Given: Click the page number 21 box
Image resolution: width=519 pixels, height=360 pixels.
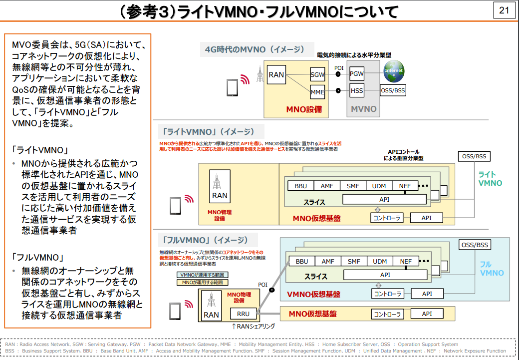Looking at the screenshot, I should coord(504,10).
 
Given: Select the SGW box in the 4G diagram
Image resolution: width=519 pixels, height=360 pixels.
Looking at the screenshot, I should coord(317,74).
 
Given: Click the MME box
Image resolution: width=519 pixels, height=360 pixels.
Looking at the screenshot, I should coord(317,92).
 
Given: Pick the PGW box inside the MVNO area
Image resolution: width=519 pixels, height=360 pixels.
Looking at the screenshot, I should coord(356,74).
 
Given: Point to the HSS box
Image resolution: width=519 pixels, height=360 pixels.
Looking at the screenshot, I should coord(356,91).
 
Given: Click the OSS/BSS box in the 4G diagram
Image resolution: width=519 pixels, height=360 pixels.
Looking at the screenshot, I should coord(393,91).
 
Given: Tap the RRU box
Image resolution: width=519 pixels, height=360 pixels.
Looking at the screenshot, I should coord(243,314).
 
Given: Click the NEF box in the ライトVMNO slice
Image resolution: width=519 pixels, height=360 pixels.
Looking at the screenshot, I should coord(405,186).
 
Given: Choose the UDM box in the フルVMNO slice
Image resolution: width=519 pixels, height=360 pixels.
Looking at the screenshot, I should coord(380,261).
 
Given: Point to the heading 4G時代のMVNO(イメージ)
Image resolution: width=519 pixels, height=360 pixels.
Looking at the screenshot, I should coord(255,49).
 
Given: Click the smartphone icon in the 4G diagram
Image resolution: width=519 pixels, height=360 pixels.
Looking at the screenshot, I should coord(232,87).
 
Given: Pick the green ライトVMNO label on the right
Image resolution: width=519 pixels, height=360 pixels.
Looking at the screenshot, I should coord(490,179).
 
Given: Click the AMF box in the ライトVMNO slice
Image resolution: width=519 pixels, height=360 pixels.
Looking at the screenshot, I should coord(327,186).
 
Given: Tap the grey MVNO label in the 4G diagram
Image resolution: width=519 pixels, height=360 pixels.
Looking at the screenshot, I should coord(363,109).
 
